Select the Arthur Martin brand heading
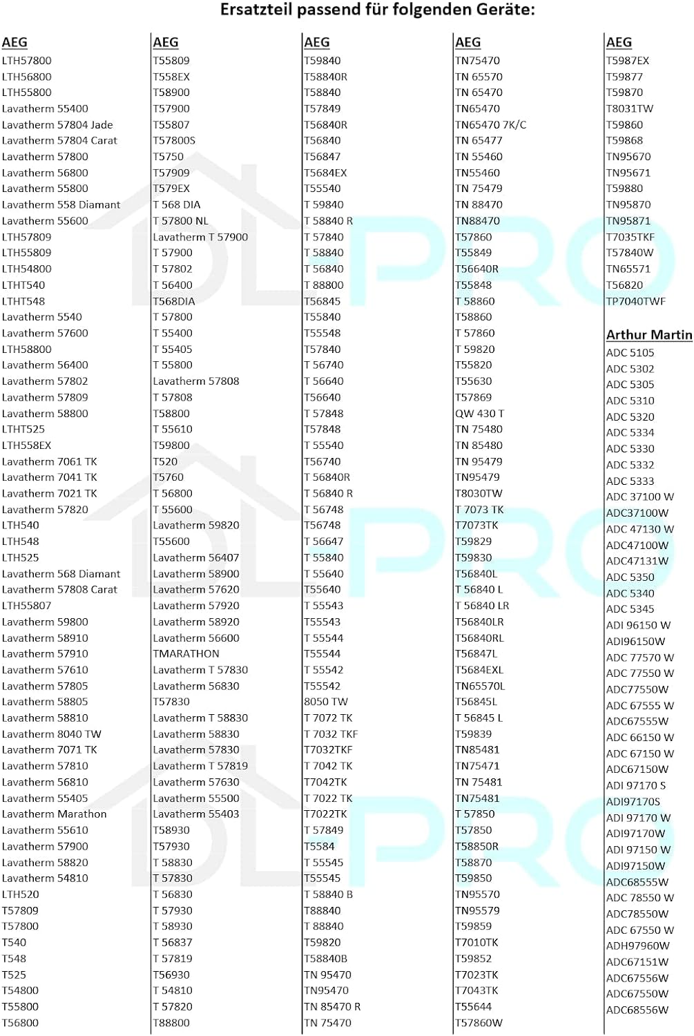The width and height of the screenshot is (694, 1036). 648,335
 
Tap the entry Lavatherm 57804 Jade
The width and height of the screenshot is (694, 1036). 57,125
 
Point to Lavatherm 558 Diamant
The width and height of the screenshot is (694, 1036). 61,205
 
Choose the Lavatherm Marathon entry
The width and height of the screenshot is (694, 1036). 55,814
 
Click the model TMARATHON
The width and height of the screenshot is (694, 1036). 186,654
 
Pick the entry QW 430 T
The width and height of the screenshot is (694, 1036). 479,414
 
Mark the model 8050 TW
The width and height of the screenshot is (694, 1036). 326,702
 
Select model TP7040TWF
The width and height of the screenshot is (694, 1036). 635,301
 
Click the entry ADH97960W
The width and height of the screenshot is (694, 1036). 637,946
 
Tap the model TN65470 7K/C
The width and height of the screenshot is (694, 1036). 490,125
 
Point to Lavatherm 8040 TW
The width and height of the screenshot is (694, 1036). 52,734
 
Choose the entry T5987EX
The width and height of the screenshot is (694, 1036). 627,61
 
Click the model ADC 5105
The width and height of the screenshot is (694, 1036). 630,353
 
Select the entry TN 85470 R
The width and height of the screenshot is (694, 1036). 332,1007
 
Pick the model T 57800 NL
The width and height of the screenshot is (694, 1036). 180,221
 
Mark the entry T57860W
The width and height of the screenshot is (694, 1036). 479,1023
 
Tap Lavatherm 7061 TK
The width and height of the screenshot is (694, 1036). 50,462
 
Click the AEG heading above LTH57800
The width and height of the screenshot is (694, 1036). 15,43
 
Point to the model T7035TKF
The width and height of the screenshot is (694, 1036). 630,237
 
